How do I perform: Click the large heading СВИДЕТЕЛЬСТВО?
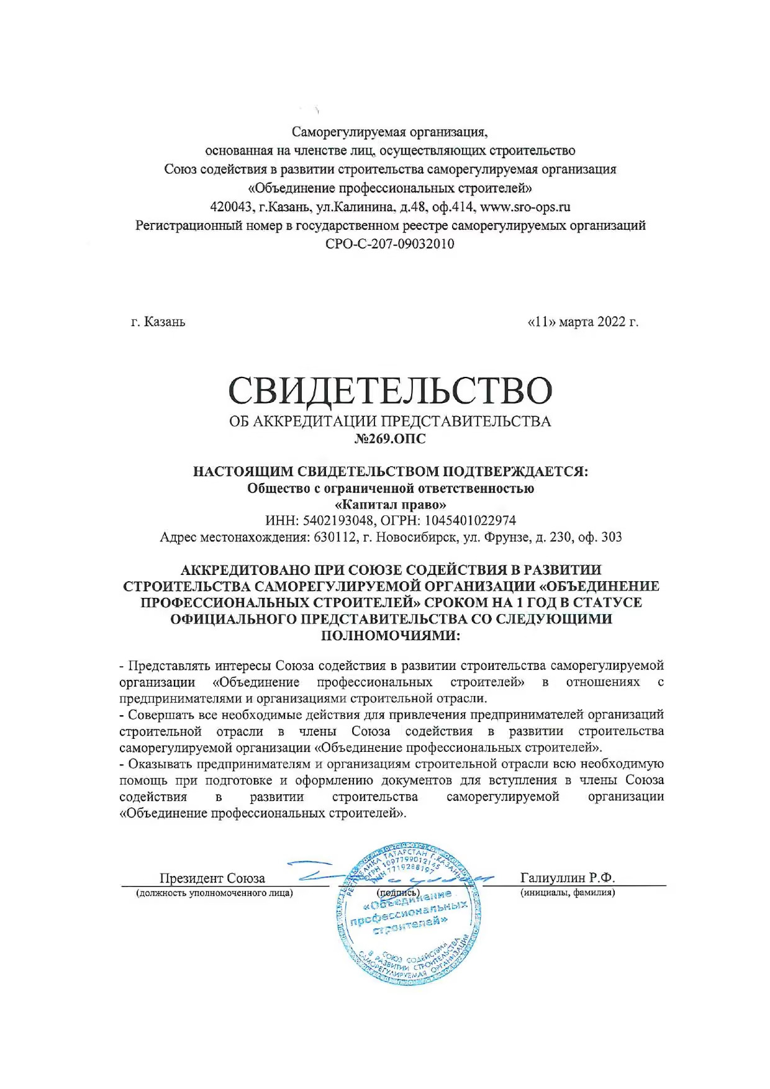tap(390, 390)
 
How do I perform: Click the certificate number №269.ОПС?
tap(390, 439)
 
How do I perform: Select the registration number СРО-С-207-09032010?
tap(390, 243)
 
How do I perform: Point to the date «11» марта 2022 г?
tap(582, 322)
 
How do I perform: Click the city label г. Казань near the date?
tap(158, 322)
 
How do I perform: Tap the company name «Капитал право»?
tap(390, 504)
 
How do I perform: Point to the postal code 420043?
tap(231, 207)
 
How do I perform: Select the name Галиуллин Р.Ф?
tap(568, 877)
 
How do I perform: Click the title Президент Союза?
tap(212, 878)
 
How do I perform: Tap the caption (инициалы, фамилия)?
tap(568, 893)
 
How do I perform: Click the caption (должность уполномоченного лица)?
tap(214, 893)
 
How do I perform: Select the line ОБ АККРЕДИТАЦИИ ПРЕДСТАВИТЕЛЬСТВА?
tap(390, 421)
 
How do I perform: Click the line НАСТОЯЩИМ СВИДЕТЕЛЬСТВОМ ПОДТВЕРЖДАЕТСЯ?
tap(391, 471)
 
